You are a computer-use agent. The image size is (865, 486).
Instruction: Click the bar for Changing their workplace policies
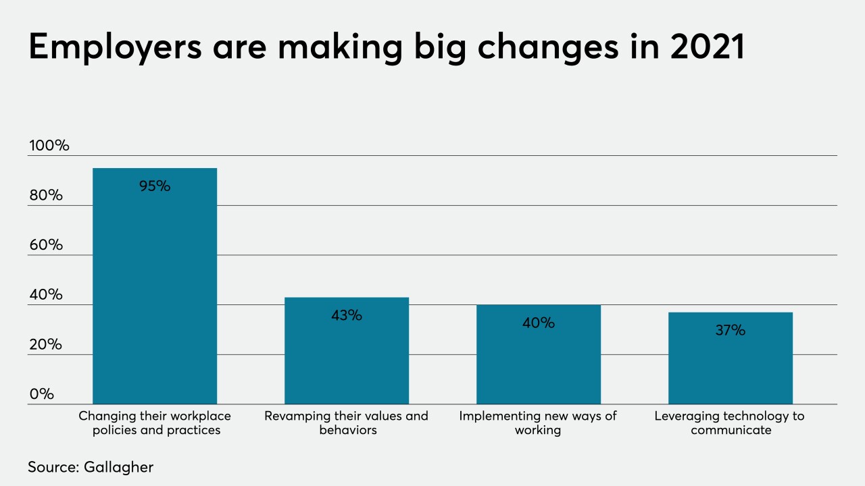click(x=155, y=290)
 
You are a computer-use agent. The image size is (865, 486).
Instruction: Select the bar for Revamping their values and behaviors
click(x=346, y=358)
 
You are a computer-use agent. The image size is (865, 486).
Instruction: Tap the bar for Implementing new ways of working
click(x=538, y=361)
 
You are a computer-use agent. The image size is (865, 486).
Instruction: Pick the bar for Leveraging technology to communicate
click(x=730, y=364)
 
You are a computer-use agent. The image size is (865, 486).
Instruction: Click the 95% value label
click(x=155, y=186)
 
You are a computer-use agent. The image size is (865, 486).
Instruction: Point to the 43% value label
click(x=347, y=315)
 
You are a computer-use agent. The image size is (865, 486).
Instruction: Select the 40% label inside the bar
click(x=539, y=323)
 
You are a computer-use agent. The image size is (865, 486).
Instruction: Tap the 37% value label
click(x=730, y=331)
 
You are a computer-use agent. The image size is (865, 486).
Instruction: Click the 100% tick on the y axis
click(x=49, y=145)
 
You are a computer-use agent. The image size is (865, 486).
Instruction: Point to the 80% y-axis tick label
click(x=46, y=195)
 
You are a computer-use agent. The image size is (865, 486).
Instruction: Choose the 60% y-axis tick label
click(x=46, y=245)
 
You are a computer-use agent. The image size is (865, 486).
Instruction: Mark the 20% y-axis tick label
click(x=46, y=344)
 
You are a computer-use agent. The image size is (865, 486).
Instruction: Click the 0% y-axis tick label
click(x=41, y=394)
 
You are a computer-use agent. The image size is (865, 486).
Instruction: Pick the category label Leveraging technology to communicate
click(x=730, y=423)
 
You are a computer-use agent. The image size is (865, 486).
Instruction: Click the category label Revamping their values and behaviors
click(x=346, y=423)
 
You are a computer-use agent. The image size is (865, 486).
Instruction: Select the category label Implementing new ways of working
click(x=538, y=423)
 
